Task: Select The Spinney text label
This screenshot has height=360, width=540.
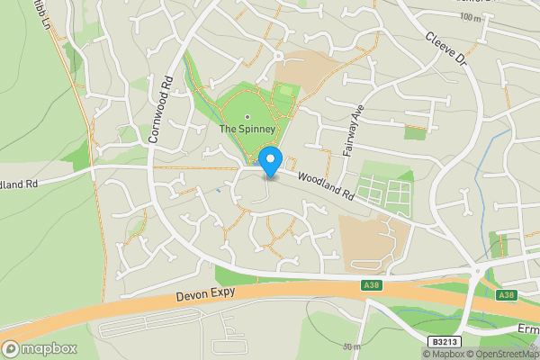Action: [247, 129]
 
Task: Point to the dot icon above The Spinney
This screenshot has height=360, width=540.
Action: [247, 115]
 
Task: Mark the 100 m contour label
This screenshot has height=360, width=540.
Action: [470, 17]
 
